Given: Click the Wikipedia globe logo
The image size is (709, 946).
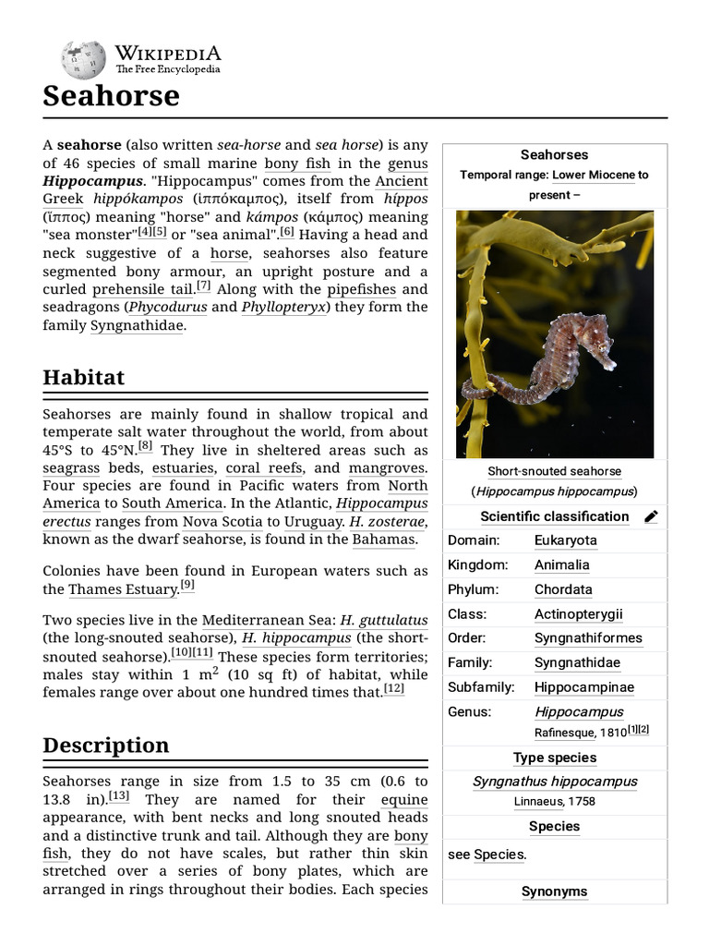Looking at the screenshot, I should coord(83,59).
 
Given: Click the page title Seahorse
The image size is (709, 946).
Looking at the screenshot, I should coord(111,96).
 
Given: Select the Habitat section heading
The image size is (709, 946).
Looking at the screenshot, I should coord(83,378).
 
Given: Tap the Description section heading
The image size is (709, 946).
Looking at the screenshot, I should coord(106,746).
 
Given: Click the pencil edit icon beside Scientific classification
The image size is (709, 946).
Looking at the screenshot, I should coord(651,516).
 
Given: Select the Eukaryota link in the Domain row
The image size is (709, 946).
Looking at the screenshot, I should coord(565,540).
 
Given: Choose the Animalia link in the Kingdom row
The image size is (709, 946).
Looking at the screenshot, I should coord(561,564).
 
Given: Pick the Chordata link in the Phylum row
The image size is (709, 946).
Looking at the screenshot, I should coord(563,589).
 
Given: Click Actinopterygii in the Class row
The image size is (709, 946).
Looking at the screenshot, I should coord(578,613).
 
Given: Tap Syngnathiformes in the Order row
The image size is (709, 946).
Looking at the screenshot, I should coord(588,638).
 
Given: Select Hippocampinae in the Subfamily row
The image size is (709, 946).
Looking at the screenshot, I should coord(583,687).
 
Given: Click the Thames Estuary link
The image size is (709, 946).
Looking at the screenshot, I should coord(123,589).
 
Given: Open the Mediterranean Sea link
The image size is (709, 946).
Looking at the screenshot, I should coord(269,620).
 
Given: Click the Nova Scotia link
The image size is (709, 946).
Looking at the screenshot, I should coord(220,522).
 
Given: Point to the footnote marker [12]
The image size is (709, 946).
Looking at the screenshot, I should coord(394,689).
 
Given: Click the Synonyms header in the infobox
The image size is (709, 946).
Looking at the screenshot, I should coord(554,891).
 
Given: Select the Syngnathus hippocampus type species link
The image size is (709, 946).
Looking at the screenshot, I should coord(554,782).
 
